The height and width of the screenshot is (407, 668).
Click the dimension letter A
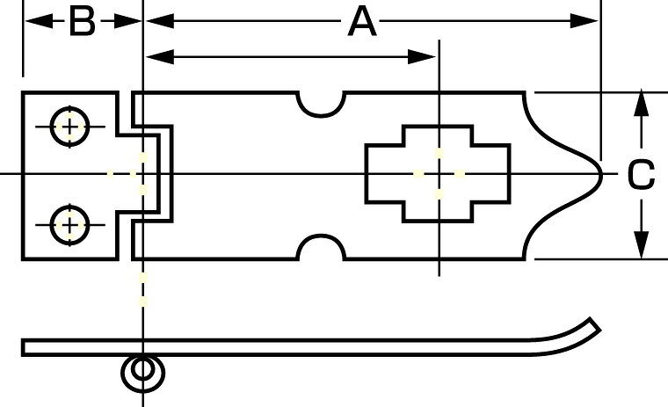coord(362,22)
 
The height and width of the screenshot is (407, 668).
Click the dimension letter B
coord(82,22)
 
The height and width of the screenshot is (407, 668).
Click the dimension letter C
coord(641,174)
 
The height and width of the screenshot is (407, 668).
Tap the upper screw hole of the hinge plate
coord(69,127)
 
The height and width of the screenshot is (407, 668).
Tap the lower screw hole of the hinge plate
coord(69,225)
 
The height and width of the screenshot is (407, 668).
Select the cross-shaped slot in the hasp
coord(438,174)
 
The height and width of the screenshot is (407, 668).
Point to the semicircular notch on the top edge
coord(321,105)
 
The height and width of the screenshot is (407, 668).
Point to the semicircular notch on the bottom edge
coord(321,246)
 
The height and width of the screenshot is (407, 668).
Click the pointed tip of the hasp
coord(600,174)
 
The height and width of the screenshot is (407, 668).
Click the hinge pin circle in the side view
coord(142,370)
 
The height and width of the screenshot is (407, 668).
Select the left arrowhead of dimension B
coord(40,20)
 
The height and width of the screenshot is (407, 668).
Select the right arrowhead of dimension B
coord(127,20)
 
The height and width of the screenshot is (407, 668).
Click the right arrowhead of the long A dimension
coord(584,20)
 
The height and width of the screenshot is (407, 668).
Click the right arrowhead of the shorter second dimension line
coord(422,56)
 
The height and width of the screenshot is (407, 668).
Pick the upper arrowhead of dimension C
coord(641,105)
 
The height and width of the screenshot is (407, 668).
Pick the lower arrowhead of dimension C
coord(641,243)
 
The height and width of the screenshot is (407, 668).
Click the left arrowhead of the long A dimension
coord(160,20)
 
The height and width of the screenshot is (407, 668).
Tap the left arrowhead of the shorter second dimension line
coord(160,56)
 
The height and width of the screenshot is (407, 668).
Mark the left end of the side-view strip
coord(24,347)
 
